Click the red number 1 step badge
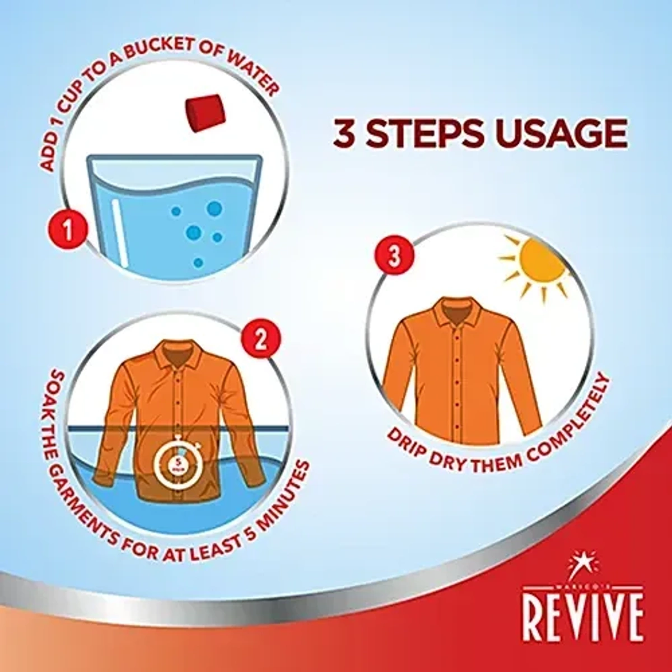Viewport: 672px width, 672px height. pyautogui.click(x=68, y=230)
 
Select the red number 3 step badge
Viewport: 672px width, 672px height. pyautogui.click(x=395, y=257)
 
